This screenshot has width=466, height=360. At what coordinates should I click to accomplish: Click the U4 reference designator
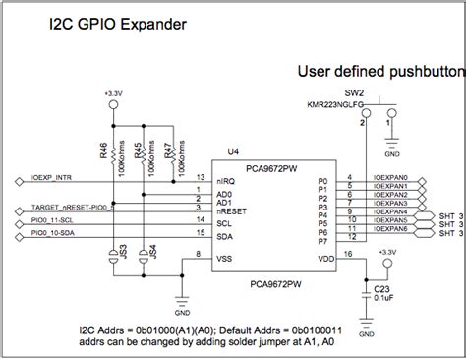(233, 151)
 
